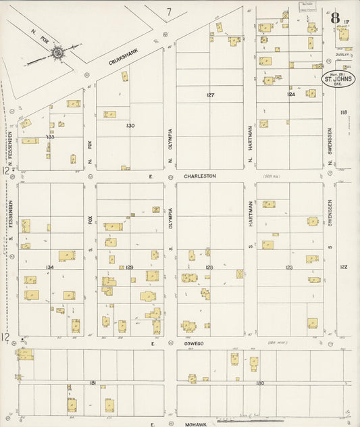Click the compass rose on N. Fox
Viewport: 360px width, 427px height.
[x=57, y=52]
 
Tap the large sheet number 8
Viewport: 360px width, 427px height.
[x=335, y=18]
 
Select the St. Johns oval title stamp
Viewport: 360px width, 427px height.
[x=338, y=79]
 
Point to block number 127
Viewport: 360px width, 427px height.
[x=210, y=95]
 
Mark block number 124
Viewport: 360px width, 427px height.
[x=290, y=94]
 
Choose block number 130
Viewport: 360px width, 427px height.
[x=130, y=125]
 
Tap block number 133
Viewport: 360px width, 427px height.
[x=50, y=137]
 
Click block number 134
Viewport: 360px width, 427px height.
[x=49, y=268]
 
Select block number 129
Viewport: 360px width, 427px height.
[x=130, y=268]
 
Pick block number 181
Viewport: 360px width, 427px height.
[x=93, y=383]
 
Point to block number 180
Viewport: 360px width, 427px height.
[x=260, y=383]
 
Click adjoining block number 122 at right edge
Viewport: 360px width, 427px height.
[x=343, y=267]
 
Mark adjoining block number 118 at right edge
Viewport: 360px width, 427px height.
[x=343, y=112]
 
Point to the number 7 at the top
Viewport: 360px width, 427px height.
[x=170, y=11]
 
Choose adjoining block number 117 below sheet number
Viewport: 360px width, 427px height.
[x=346, y=22]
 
